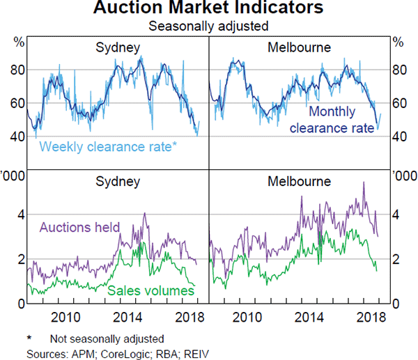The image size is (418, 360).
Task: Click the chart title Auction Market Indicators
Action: coord(208,9)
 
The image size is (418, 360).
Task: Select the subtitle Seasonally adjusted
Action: coord(208,26)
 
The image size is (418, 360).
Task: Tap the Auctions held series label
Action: coord(80,227)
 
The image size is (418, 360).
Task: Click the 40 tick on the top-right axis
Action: coord(400,136)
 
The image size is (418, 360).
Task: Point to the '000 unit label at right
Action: coord(403,175)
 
